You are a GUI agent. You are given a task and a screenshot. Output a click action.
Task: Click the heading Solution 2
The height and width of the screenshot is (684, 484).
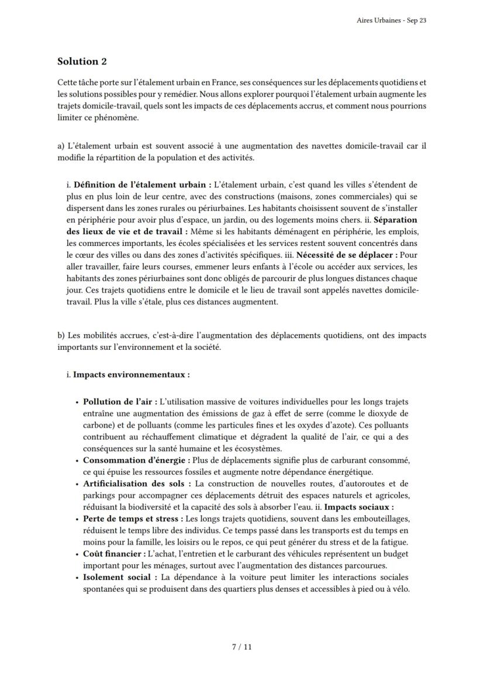pos(82,61)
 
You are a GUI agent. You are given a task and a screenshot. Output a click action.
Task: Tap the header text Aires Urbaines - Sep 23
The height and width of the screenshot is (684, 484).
pos(391,20)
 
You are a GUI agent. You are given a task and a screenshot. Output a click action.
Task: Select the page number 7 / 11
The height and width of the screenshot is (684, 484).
pos(242,647)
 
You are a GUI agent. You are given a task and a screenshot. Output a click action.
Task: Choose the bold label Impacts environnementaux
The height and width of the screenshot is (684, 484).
pos(131,374)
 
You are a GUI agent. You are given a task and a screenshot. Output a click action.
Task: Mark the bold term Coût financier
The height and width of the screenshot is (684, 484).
pos(114,554)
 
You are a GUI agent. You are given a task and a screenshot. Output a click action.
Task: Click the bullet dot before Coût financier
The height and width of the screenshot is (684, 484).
pos(77,554)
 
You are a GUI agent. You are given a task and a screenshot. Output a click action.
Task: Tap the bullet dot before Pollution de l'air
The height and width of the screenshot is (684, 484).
pos(77,402)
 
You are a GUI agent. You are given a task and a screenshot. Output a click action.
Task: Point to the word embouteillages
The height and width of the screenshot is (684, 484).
pos(381,519)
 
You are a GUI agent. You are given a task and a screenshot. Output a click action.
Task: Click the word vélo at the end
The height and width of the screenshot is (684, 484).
pos(400,589)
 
